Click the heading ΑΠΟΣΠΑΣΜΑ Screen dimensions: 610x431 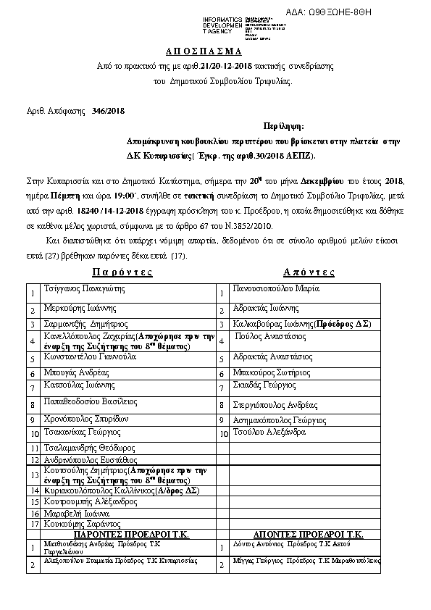click(214, 53)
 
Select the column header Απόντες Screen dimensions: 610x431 click(309, 272)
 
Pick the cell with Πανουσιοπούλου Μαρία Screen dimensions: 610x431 click(276, 288)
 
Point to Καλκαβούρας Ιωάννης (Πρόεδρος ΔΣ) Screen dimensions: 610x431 click(303, 325)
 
